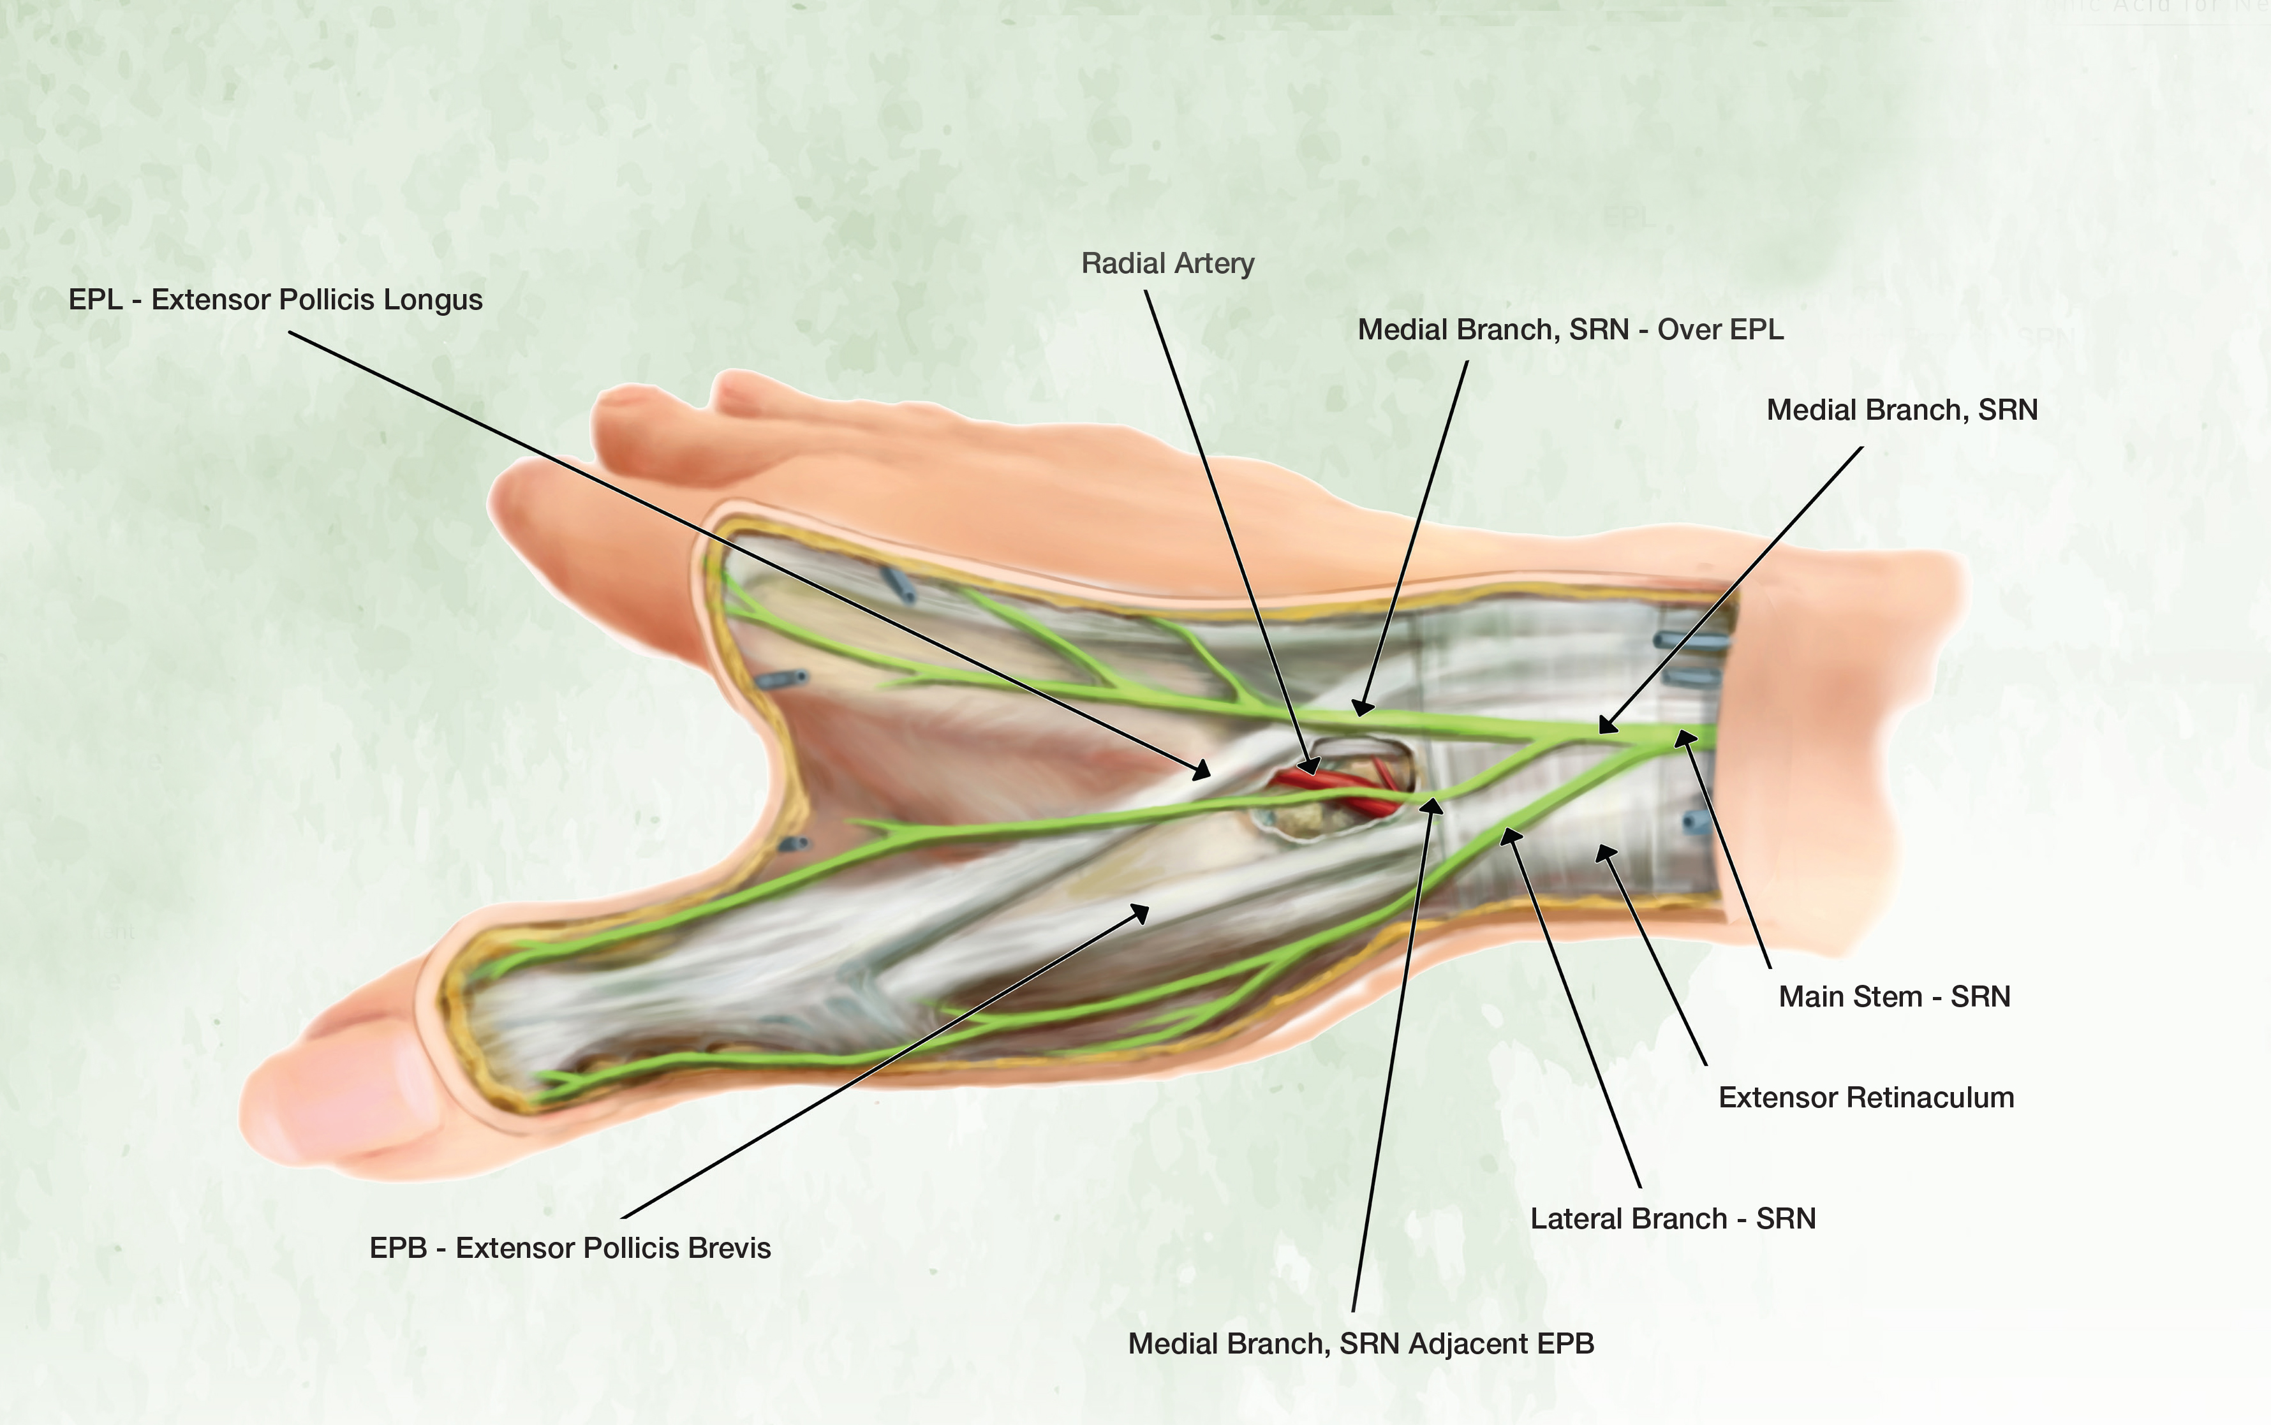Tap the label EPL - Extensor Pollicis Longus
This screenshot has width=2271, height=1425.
[275, 300]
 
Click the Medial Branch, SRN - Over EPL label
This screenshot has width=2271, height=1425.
[1570, 330]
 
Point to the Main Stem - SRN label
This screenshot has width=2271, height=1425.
[1894, 996]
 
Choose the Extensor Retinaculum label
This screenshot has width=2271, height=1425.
[1866, 1097]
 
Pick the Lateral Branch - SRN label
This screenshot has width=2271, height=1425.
[1673, 1218]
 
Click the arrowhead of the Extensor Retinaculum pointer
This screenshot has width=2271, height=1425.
[1602, 852]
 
